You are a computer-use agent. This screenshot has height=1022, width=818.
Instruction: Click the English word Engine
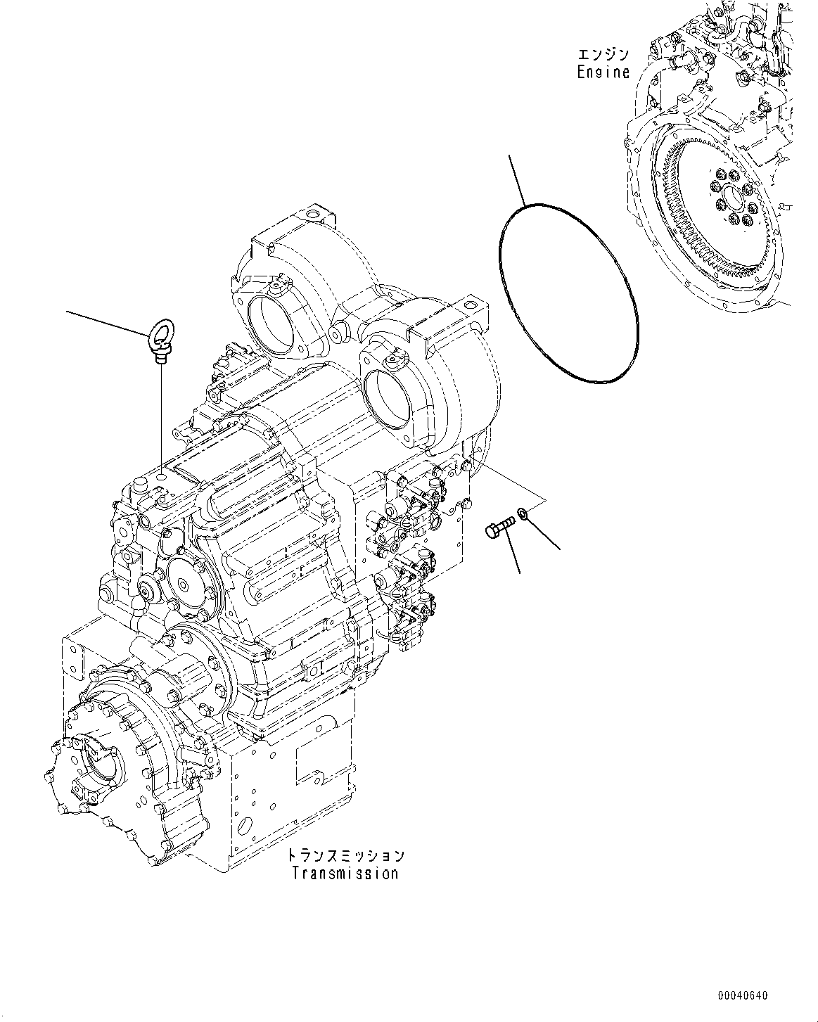[603, 72]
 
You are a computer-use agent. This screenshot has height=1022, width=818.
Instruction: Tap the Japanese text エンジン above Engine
[603, 54]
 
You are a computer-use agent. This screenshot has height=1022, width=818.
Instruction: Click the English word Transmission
[345, 874]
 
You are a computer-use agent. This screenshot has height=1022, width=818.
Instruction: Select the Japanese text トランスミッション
[345, 855]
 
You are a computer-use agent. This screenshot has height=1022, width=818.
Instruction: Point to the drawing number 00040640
[743, 996]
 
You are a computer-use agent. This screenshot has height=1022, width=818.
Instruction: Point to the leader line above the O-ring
[517, 179]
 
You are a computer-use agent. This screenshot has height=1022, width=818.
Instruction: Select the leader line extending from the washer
[545, 534]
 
